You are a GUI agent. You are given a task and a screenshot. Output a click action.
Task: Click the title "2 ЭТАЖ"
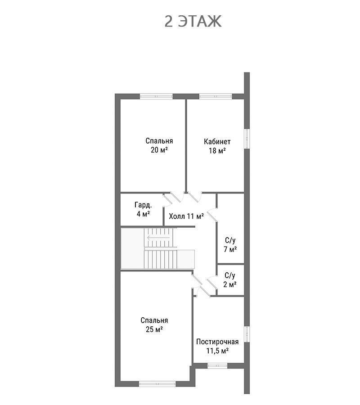coord(193,22)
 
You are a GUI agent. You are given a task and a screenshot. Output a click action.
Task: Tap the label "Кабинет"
coord(217,142)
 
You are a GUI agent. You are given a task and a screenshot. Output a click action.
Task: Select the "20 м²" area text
coord(159,150)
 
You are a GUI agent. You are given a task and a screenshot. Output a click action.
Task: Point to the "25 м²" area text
coord(154,329)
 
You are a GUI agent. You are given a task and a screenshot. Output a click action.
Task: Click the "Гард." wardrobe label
coord(143,205)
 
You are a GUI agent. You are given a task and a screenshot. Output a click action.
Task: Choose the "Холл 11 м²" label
coord(186,216)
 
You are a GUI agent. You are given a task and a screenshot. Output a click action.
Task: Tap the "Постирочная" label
coord(217,342)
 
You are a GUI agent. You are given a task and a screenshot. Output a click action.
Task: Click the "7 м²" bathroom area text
coord(230,249)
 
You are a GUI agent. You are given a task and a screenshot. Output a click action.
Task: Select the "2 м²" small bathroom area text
coord(230,284)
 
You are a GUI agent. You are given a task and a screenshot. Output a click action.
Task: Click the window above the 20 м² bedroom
coord(156,96)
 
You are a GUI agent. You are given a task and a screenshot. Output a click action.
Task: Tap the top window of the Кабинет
coord(216,96)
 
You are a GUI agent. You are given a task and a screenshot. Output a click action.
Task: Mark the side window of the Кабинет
coord(247,139)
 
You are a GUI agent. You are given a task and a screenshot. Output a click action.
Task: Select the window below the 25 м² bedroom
coord(157,384)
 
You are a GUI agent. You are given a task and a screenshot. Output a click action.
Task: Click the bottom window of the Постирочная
coord(217,365)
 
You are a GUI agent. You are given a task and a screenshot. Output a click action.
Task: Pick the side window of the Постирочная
coord(247,334)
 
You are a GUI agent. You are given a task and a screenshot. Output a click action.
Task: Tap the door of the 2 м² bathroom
coord(212,283)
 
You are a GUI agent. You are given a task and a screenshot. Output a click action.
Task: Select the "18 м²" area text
coord(217,150)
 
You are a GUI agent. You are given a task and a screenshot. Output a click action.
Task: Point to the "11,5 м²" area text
coord(217,351)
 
